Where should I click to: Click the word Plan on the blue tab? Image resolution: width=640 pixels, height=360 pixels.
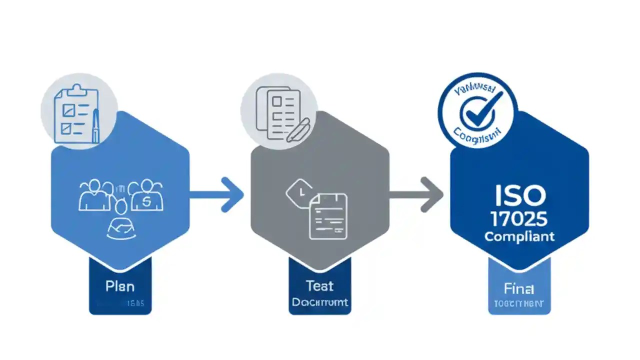click(120, 286)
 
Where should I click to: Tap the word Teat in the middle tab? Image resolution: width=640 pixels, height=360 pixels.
click(319, 285)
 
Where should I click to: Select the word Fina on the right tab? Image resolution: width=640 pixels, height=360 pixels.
click(519, 288)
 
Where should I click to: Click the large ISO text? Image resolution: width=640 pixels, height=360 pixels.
click(519, 196)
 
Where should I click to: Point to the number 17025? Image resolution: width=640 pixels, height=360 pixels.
click(519, 218)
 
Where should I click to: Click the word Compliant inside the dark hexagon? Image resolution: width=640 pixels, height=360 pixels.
click(519, 236)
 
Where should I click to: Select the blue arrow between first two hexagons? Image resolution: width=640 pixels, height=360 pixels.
click(217, 194)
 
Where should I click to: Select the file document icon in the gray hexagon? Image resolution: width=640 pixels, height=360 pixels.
click(328, 216)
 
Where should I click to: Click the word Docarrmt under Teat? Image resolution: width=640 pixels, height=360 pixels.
click(320, 302)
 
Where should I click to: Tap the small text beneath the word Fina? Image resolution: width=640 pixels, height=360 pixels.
click(519, 303)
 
